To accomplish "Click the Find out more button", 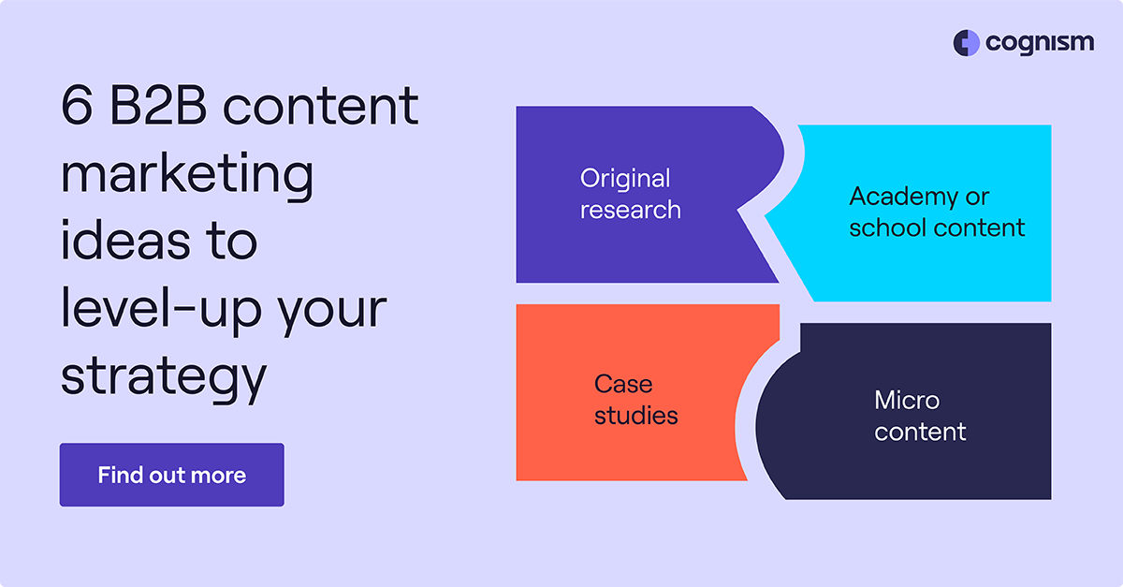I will pos(171,475).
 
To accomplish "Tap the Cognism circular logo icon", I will pos(966,43).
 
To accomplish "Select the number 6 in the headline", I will pos(77,106).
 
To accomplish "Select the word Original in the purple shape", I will pos(625,178).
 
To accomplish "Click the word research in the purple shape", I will pos(630,210).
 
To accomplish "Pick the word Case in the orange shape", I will pos(623,384).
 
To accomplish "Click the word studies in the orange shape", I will pos(635,415).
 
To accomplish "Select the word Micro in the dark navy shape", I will pos(906,401).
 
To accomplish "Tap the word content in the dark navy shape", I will pos(920,432).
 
